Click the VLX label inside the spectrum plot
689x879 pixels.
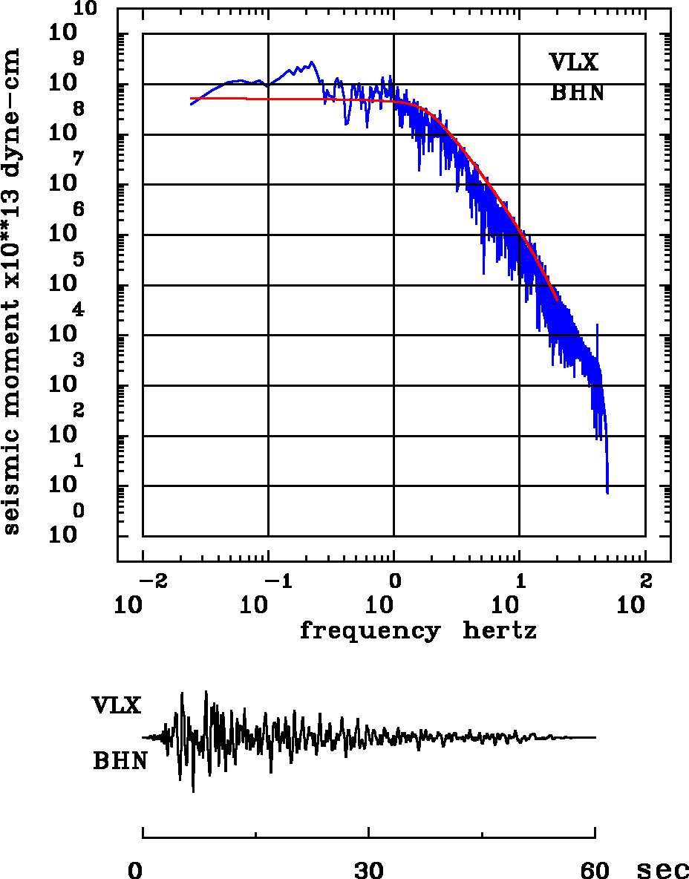tap(573, 62)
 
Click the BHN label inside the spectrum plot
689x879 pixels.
tap(577, 93)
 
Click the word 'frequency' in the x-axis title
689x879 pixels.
tap(369, 631)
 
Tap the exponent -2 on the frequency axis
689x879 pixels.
tap(150, 579)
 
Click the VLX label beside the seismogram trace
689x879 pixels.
tap(117, 705)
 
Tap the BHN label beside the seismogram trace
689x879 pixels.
tap(120, 761)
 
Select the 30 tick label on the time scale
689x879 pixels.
tap(369, 869)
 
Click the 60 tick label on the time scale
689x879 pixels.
tap(595, 869)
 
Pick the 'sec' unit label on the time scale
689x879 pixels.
tap(663, 870)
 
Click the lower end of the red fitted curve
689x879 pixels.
tap(557, 299)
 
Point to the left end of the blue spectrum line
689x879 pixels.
tap(191, 104)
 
